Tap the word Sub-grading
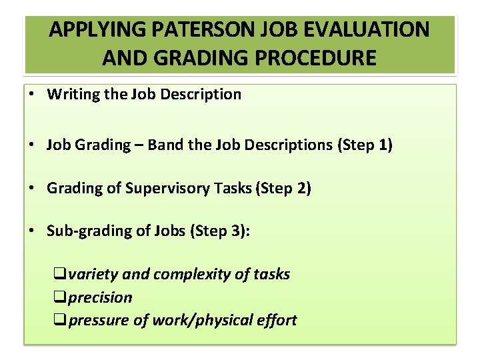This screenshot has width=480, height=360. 83,231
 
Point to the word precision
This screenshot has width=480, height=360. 101,297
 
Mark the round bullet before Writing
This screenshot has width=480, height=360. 32,94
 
